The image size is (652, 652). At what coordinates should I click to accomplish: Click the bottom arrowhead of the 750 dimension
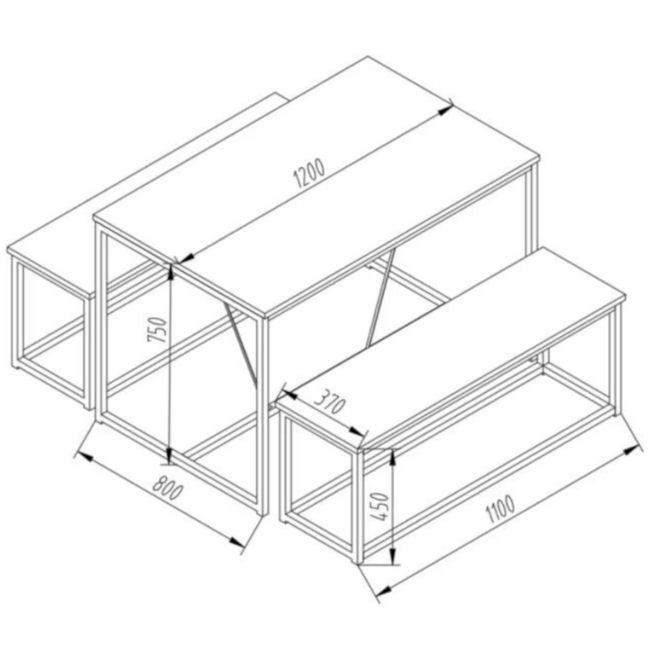(170, 453)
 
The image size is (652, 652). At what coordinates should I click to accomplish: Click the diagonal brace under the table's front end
(240, 343)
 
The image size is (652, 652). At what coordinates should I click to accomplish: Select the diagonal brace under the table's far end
(381, 297)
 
